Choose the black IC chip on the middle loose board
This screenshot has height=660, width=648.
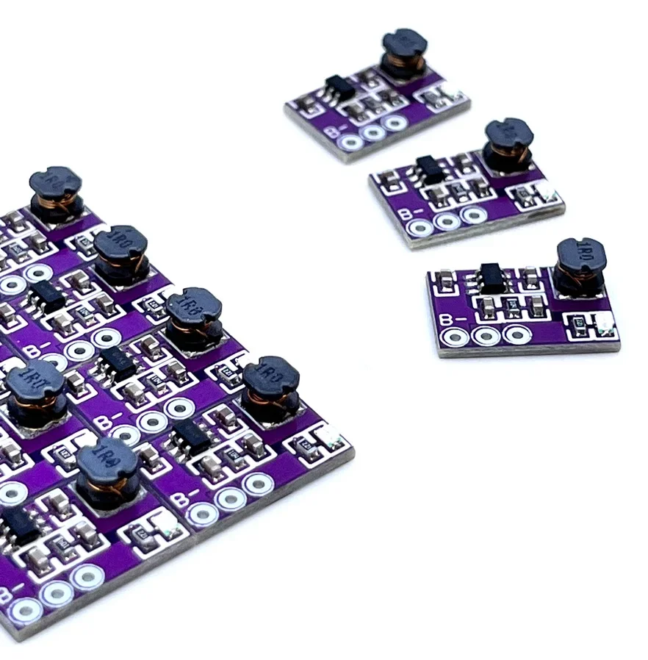[429, 169]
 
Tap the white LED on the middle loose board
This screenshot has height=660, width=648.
[547, 193]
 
